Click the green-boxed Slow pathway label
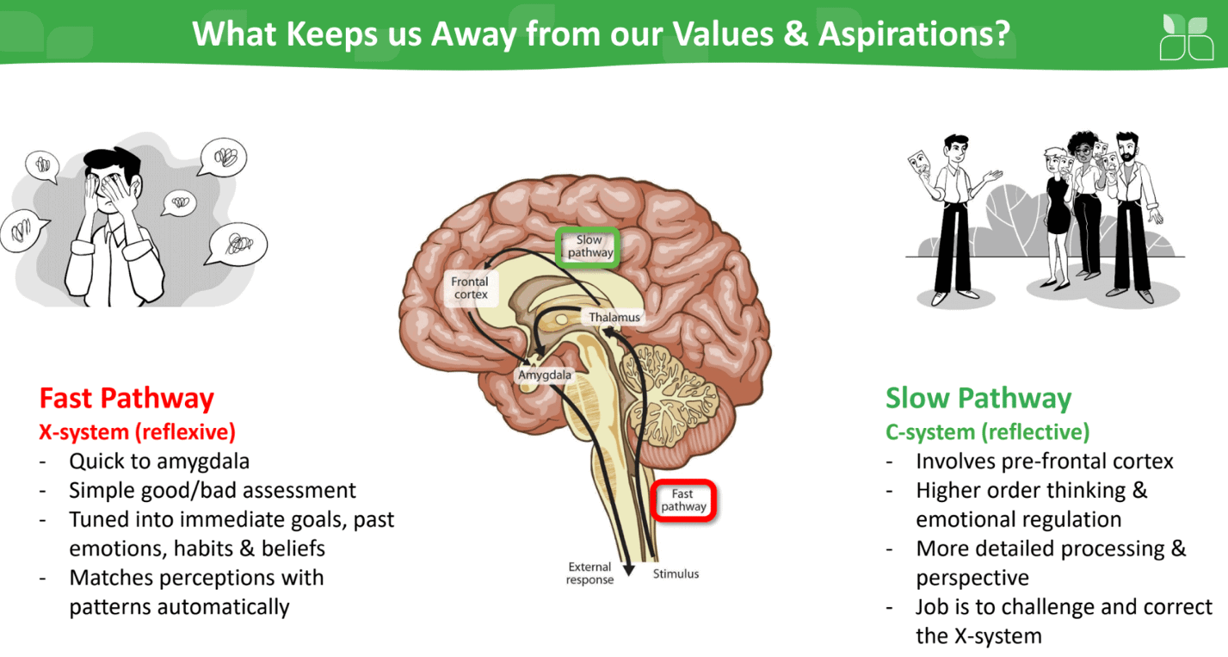(x=589, y=246)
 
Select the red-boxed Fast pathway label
(x=683, y=500)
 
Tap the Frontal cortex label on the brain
(x=471, y=288)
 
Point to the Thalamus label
(x=614, y=318)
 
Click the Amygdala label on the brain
(x=544, y=375)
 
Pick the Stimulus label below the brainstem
(x=676, y=573)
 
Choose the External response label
(x=589, y=573)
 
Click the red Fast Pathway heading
(x=127, y=398)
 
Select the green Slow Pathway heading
(x=978, y=398)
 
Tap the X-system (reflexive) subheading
(x=137, y=431)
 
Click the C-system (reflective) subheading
(x=987, y=431)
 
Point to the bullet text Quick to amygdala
(x=159, y=461)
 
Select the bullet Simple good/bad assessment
(x=213, y=490)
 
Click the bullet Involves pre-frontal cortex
(x=1044, y=461)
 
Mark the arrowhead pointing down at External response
(x=628, y=567)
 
